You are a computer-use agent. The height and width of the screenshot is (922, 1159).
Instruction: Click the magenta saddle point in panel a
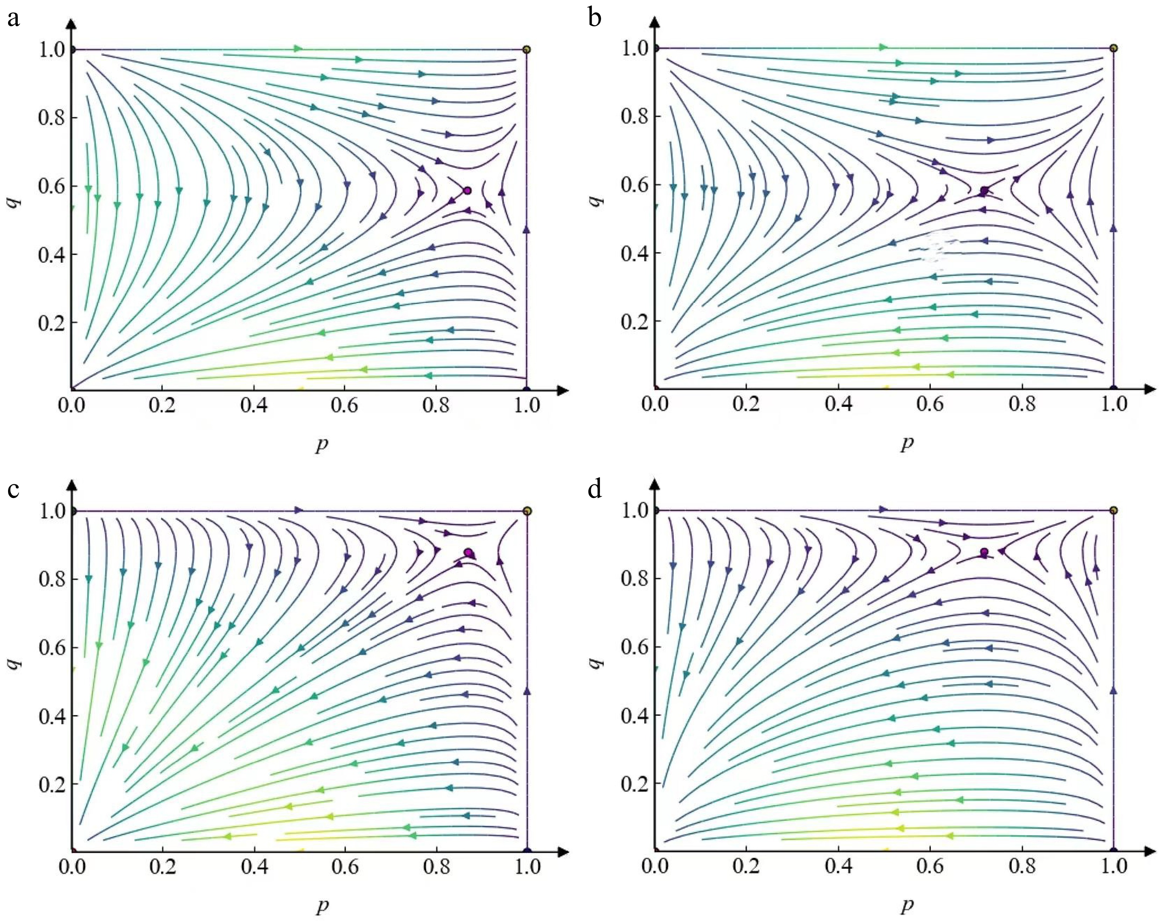point(467,190)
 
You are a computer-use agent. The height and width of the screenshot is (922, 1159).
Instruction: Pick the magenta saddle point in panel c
point(469,553)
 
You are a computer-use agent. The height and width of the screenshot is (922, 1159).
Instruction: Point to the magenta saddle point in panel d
point(984,552)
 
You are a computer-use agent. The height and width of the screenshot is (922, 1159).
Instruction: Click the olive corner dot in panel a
point(526,49)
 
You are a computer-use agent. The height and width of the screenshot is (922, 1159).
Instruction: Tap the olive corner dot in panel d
point(1113,510)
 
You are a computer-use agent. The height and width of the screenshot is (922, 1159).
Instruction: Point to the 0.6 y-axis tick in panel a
point(51,186)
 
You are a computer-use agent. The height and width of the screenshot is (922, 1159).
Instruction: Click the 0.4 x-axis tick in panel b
point(839,403)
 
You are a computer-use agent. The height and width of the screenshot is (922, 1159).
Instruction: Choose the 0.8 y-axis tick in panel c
point(51,579)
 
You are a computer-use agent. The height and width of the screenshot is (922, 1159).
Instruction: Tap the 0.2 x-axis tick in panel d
point(747,866)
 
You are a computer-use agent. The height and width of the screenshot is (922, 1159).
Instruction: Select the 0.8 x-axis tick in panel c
point(436,866)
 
